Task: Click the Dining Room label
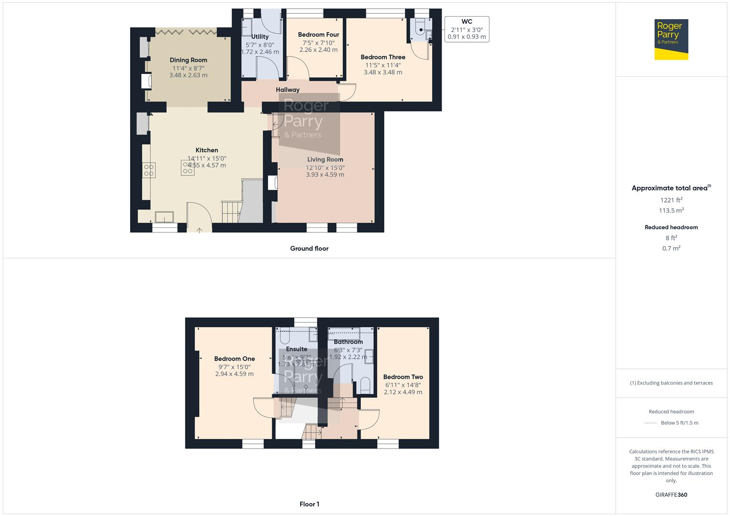tap(188, 60)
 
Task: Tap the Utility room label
tap(260, 37)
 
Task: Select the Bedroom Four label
tap(318, 35)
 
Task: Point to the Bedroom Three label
tap(382, 57)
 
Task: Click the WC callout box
tap(467, 29)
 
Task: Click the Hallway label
tap(287, 90)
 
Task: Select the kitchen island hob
tap(187, 168)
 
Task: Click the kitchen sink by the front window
tap(164, 217)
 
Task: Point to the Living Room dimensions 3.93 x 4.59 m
tap(325, 175)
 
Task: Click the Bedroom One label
tap(234, 359)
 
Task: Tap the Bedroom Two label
tap(403, 377)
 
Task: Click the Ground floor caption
tap(309, 248)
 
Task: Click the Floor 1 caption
tap(309, 504)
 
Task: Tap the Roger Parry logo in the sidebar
tap(671, 39)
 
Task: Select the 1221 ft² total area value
tap(671, 200)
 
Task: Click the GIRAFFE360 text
tap(671, 495)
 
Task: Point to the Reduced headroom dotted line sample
tap(651, 423)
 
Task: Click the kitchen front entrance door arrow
tap(199, 230)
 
